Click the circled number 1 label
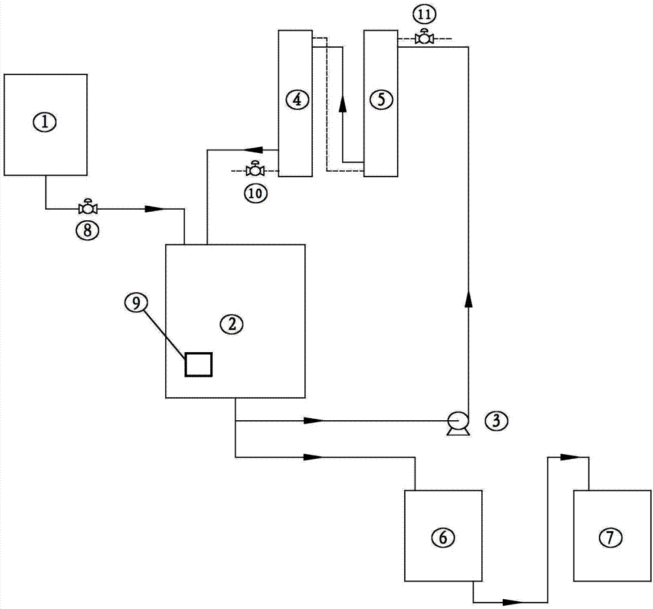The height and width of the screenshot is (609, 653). (45, 123)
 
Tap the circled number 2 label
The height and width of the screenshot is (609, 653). (232, 324)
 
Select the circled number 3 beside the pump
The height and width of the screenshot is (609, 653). (496, 421)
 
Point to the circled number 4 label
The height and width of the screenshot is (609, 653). (297, 100)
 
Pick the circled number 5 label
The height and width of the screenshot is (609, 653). (381, 100)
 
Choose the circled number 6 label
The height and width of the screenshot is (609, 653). (443, 537)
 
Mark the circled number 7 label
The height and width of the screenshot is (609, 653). (610, 537)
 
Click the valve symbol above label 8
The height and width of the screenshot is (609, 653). (88, 206)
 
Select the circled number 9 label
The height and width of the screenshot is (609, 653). (136, 303)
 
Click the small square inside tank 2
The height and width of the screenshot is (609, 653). (199, 365)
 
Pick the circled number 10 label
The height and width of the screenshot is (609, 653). (256, 193)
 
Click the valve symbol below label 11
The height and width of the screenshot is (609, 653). (424, 37)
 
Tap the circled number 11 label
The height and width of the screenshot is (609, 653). (424, 14)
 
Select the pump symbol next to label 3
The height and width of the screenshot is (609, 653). (458, 423)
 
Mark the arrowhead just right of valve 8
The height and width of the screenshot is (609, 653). (155, 208)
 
